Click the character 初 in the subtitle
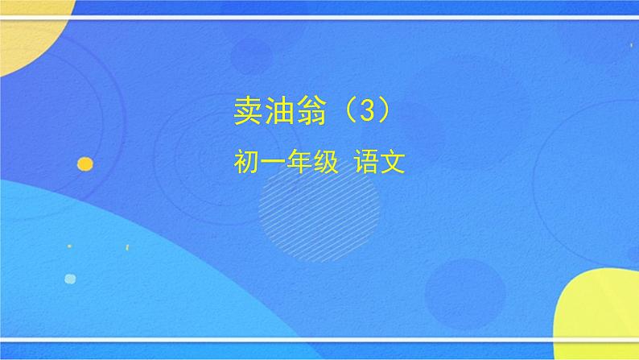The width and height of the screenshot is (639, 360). point(245,163)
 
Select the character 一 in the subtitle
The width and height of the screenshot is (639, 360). point(274,163)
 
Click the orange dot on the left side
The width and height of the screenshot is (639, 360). point(85,163)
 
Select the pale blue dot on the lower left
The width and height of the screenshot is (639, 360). point(70,279)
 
